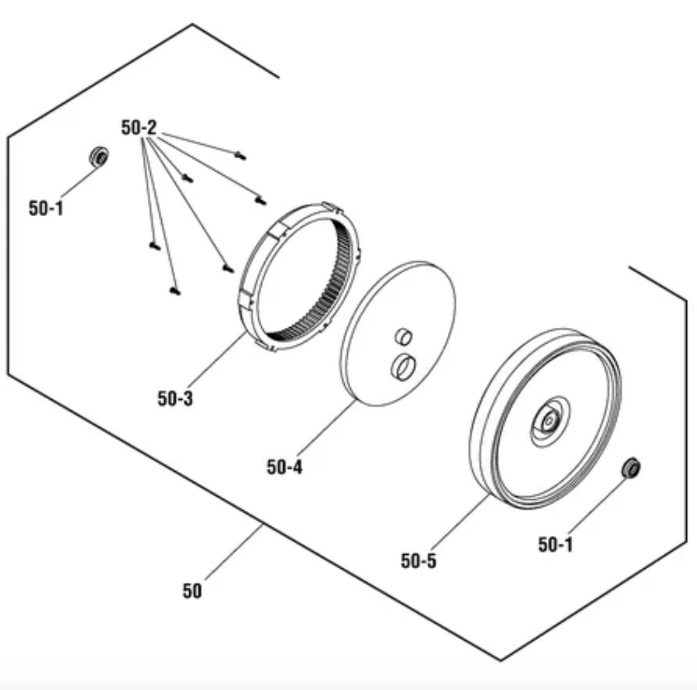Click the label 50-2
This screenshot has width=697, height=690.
click(139, 128)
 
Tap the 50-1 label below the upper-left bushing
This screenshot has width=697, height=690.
click(47, 208)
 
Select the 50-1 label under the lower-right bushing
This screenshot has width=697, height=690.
click(556, 545)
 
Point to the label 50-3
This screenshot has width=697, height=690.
click(175, 399)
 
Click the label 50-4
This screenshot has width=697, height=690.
click(285, 467)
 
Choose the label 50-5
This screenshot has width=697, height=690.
click(419, 561)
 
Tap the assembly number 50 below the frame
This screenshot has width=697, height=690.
click(192, 591)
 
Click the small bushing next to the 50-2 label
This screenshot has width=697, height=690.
click(99, 157)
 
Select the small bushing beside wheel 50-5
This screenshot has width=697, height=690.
click(631, 467)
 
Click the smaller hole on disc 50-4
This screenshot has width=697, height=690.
click(404, 337)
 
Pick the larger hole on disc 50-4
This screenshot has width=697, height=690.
click(403, 367)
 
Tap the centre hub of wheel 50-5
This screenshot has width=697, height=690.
click(550, 420)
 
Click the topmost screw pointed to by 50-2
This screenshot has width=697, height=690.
click(240, 156)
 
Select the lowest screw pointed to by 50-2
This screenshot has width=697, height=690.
click(175, 291)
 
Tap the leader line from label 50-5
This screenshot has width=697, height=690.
click(461, 522)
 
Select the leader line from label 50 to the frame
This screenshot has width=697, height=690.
click(234, 552)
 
